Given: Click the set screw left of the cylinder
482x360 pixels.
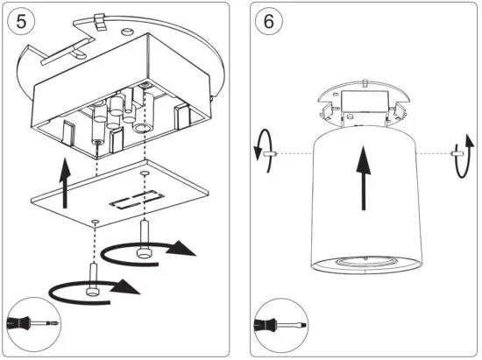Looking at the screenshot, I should point(273,154).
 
